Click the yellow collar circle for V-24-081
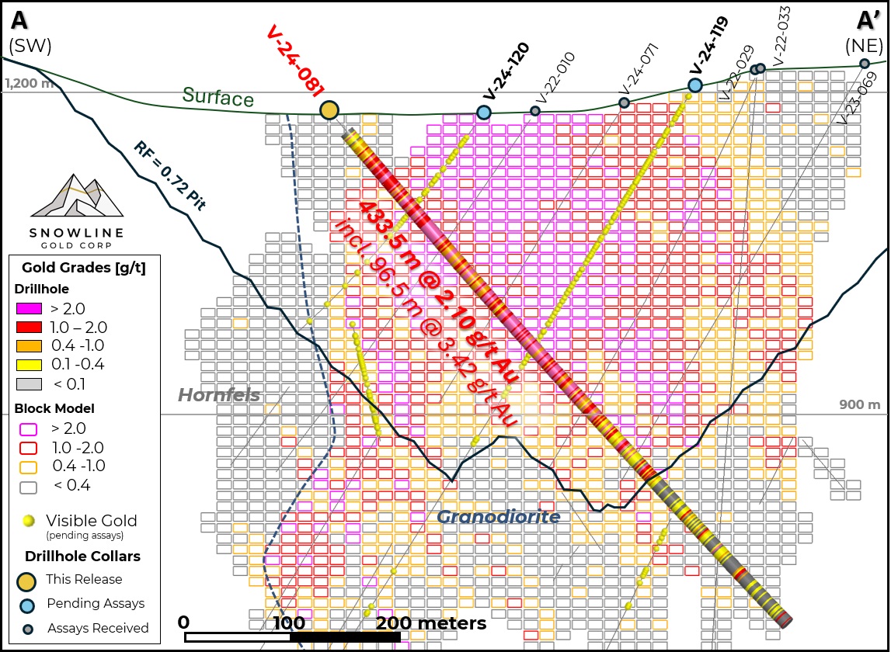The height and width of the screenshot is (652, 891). coord(329,110)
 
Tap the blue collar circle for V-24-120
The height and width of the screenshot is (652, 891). coord(484,113)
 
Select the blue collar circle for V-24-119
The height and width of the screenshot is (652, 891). coord(695,85)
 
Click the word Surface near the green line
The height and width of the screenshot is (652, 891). coord(218,97)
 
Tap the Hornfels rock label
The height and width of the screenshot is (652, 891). coord(219,396)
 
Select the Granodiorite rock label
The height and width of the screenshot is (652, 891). coord(498,517)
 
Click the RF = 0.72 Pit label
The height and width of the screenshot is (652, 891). coord(169,176)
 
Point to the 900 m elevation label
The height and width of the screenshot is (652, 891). coord(860,404)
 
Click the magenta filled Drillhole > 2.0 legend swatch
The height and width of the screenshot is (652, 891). coord(29,308)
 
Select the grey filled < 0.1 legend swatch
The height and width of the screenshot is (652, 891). coord(29,383)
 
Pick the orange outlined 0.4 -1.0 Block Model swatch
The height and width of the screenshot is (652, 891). coord(29,466)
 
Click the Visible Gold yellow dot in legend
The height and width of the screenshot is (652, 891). coord(30,521)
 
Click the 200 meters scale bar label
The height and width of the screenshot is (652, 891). coord(432,623)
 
